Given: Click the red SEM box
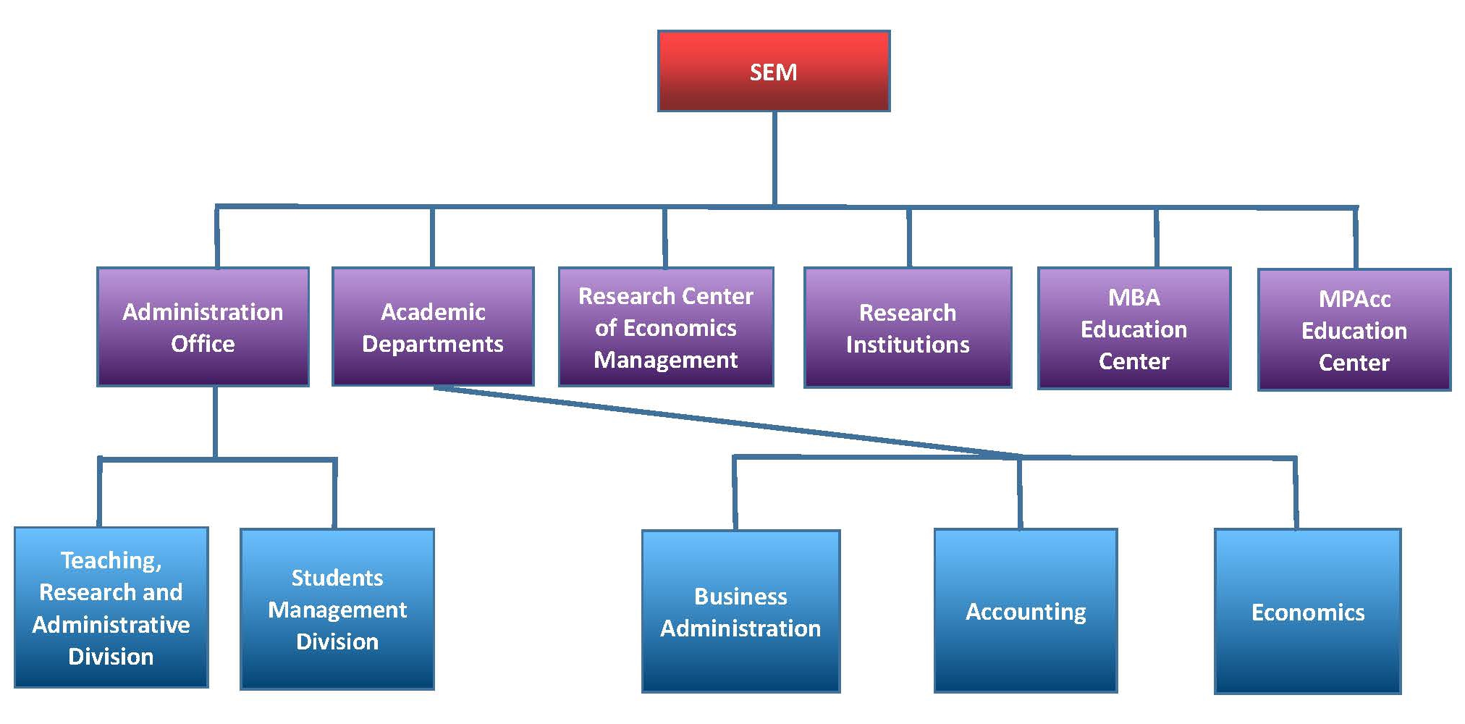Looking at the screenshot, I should click(x=773, y=71).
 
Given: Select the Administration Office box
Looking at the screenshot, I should click(x=203, y=327).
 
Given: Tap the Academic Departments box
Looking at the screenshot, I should click(x=433, y=327).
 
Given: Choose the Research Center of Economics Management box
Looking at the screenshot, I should click(x=666, y=327).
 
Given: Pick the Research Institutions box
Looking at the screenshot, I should click(x=908, y=328).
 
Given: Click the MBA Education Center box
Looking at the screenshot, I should click(x=1133, y=329).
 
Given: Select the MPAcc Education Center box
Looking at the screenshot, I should click(x=1354, y=330).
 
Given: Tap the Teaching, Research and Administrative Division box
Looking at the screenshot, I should click(x=111, y=607).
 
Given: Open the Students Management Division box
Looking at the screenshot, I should click(x=337, y=609).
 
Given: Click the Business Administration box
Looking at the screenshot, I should click(x=740, y=612).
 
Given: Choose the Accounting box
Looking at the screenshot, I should click(x=1025, y=612).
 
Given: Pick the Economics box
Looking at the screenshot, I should click(x=1307, y=613).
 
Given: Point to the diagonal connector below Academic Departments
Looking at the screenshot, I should click(x=724, y=421).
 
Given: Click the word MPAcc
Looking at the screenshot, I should click(x=1354, y=299).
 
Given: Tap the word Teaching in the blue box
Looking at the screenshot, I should click(x=109, y=560).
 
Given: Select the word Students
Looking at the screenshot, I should click(x=337, y=578).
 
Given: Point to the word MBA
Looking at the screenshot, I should click(x=1133, y=298).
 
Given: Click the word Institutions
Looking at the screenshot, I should click(x=908, y=345).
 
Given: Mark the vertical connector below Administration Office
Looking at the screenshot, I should click(x=215, y=421).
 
